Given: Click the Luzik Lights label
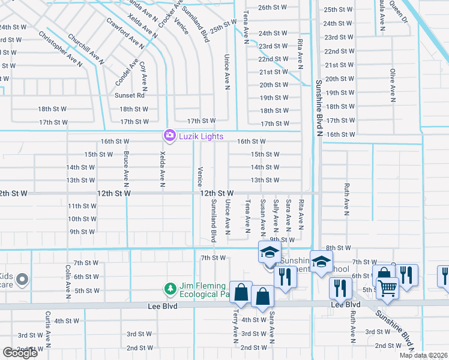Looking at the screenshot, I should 203,136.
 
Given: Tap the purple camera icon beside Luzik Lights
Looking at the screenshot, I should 170,136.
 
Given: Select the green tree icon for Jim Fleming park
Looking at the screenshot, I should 171,289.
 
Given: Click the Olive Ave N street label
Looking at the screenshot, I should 393,83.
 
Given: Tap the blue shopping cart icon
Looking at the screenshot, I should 387,288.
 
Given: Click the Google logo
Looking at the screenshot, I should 20,353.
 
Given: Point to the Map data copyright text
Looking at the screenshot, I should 424,355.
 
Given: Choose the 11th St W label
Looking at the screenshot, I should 82,206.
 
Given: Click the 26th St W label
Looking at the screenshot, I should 273,8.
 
